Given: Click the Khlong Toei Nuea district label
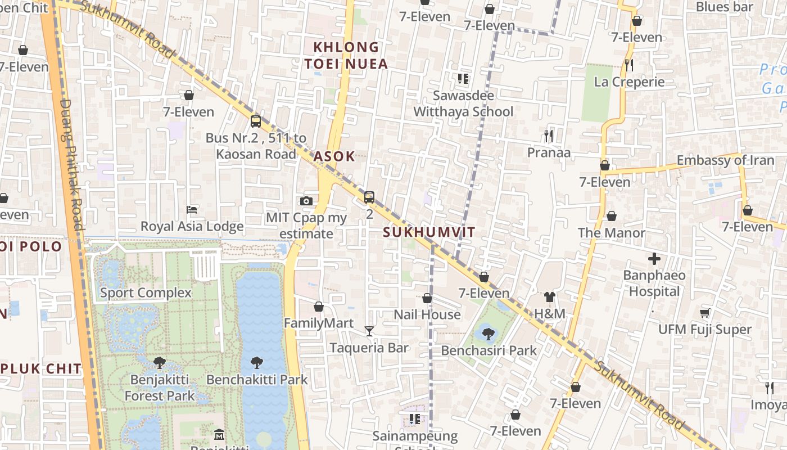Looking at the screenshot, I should tap(346, 55).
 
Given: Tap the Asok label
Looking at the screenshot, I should tap(334, 156).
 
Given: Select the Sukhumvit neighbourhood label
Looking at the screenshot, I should tap(429, 232).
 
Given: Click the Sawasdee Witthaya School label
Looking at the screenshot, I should tap(463, 103).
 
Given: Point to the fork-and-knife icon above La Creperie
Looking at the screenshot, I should tap(629, 65).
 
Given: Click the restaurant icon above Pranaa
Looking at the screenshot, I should tap(549, 136).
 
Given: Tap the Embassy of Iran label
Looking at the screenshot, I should tap(725, 160).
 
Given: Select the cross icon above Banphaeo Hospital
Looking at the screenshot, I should tap(654, 259).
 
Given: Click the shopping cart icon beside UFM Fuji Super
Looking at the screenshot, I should tap(704, 313).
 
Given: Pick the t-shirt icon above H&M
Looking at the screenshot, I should tap(549, 297).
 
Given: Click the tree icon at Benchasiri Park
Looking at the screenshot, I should tap(489, 334).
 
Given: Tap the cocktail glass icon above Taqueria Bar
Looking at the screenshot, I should tap(369, 331).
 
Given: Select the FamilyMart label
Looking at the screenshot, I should tap(319, 323).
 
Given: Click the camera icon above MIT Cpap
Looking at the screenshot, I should tap(306, 201).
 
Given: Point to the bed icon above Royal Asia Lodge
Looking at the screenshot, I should tap(192, 210).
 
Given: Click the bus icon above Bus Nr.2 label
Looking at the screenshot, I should tap(256, 121).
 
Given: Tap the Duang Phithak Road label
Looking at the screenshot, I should tap(72, 163).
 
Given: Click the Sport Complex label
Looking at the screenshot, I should tap(146, 292).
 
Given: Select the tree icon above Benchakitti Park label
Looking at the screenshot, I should tap(257, 363).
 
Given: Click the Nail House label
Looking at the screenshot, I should tap(427, 314).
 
